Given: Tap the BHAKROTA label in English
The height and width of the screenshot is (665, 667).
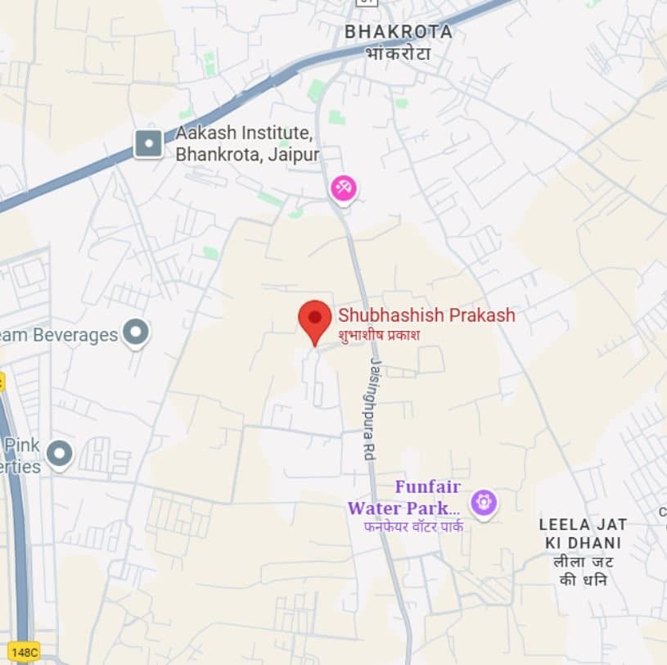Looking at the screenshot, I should (x=398, y=32).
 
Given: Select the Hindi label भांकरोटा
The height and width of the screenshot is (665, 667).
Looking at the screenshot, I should (x=398, y=52).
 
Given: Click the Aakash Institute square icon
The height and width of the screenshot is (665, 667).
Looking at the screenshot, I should (x=148, y=144).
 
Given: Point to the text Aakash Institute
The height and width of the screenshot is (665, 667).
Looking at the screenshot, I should (x=243, y=133).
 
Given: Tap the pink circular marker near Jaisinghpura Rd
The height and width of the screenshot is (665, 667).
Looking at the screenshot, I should (x=344, y=188).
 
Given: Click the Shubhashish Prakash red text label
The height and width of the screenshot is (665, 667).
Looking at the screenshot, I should (x=426, y=315).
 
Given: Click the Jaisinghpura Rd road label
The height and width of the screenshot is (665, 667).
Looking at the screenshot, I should (x=372, y=409).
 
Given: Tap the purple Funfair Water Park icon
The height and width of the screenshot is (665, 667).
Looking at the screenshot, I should (x=484, y=500).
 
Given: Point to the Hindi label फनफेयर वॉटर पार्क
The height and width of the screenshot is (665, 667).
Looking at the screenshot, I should (x=413, y=527).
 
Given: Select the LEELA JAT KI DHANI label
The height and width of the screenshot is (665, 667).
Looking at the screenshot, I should (x=583, y=533).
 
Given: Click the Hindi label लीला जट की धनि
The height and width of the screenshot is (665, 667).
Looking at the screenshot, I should (x=583, y=571).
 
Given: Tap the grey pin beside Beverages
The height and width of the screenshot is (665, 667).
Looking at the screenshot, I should (x=136, y=332).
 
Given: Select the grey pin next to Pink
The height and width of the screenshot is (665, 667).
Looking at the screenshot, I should (x=60, y=452).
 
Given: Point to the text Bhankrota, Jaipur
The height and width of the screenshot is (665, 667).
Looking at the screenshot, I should (x=247, y=154).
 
